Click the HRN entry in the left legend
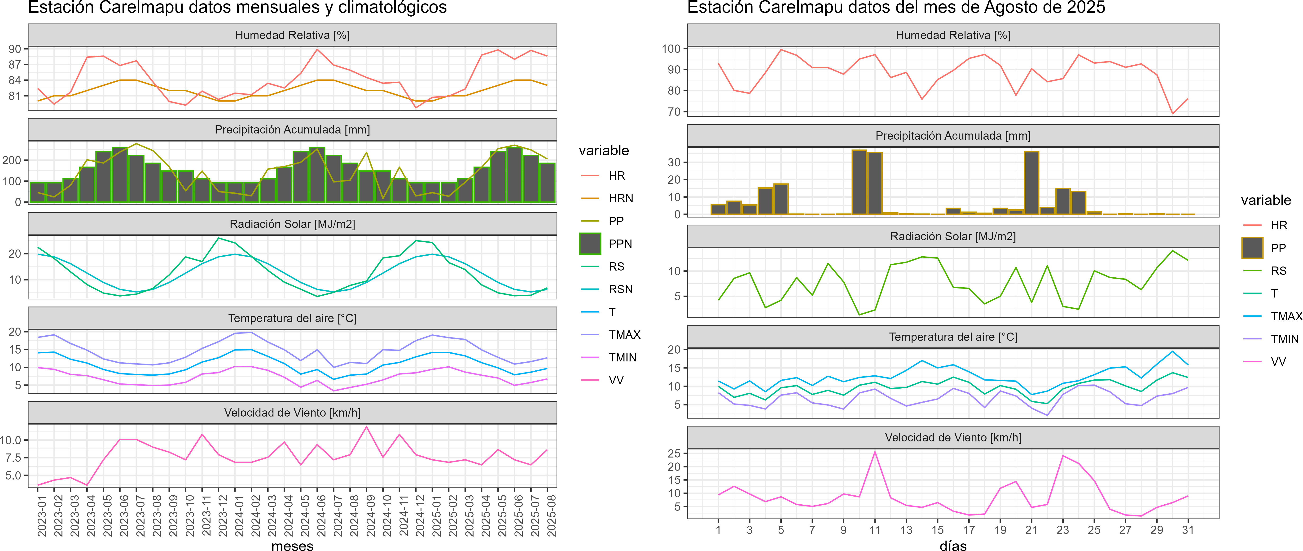[x=621, y=198]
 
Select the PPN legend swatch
[x=590, y=244]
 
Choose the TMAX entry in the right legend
[x=1286, y=316]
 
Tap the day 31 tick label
[x=1188, y=530]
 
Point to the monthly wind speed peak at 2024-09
[x=367, y=427]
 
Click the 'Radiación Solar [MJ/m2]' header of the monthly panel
[x=292, y=224]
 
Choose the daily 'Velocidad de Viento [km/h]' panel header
[x=953, y=438]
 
